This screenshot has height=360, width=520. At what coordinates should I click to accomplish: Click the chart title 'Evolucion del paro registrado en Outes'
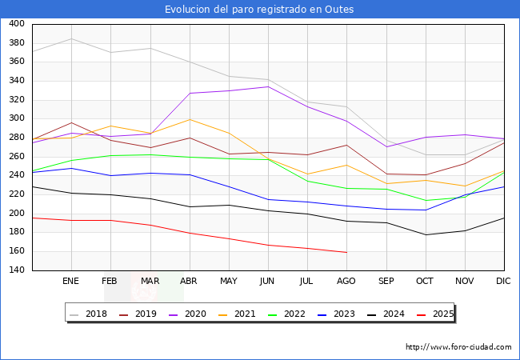coord(259,10)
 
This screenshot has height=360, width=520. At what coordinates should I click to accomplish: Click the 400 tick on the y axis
coord(16,24)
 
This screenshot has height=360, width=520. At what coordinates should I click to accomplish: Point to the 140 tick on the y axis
coord(16,270)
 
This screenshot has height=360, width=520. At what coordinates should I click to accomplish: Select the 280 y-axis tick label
coord(16,138)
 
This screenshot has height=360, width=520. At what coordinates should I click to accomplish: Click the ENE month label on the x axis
coord(71,282)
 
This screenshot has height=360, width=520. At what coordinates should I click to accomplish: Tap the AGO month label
coord(346,282)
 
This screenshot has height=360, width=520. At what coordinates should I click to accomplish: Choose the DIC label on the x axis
coord(503,282)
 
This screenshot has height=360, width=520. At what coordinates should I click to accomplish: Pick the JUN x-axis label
coord(268,282)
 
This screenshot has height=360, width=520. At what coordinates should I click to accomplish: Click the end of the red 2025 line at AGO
coord(346,253)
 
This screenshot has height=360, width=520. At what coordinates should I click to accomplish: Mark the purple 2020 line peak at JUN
coord(268,86)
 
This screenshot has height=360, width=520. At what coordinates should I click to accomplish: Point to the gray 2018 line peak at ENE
coord(71,38)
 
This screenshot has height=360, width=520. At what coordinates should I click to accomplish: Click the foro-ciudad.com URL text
coord(458,347)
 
